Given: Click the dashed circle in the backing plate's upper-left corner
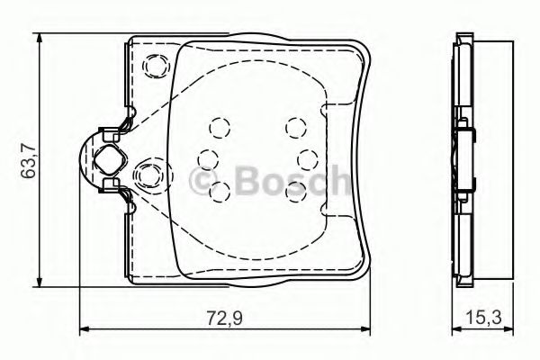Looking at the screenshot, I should click(156, 66).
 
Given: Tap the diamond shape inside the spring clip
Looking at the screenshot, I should click(109, 161).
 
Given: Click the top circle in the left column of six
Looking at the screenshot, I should click(217, 127).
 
